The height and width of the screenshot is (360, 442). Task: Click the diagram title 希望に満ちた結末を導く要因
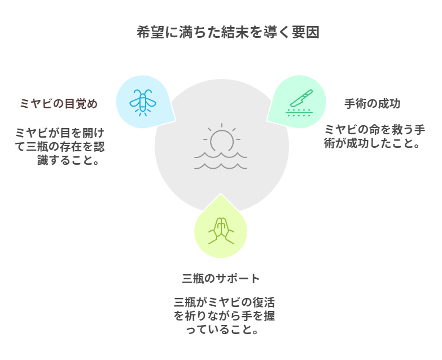[x=227, y=32]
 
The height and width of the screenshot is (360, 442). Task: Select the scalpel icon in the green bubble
[x=299, y=102]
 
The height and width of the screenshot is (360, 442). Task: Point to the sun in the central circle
[x=222, y=139]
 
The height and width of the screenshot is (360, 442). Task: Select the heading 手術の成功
[x=372, y=104]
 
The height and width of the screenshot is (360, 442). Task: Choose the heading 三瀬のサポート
[x=221, y=278]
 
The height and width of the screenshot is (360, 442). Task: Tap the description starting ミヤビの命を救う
[x=374, y=137]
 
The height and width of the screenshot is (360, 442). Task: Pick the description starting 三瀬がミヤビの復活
[x=224, y=315]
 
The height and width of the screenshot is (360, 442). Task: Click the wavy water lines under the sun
[x=221, y=160]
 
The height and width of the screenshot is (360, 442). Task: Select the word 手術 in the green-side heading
[x=355, y=104]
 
